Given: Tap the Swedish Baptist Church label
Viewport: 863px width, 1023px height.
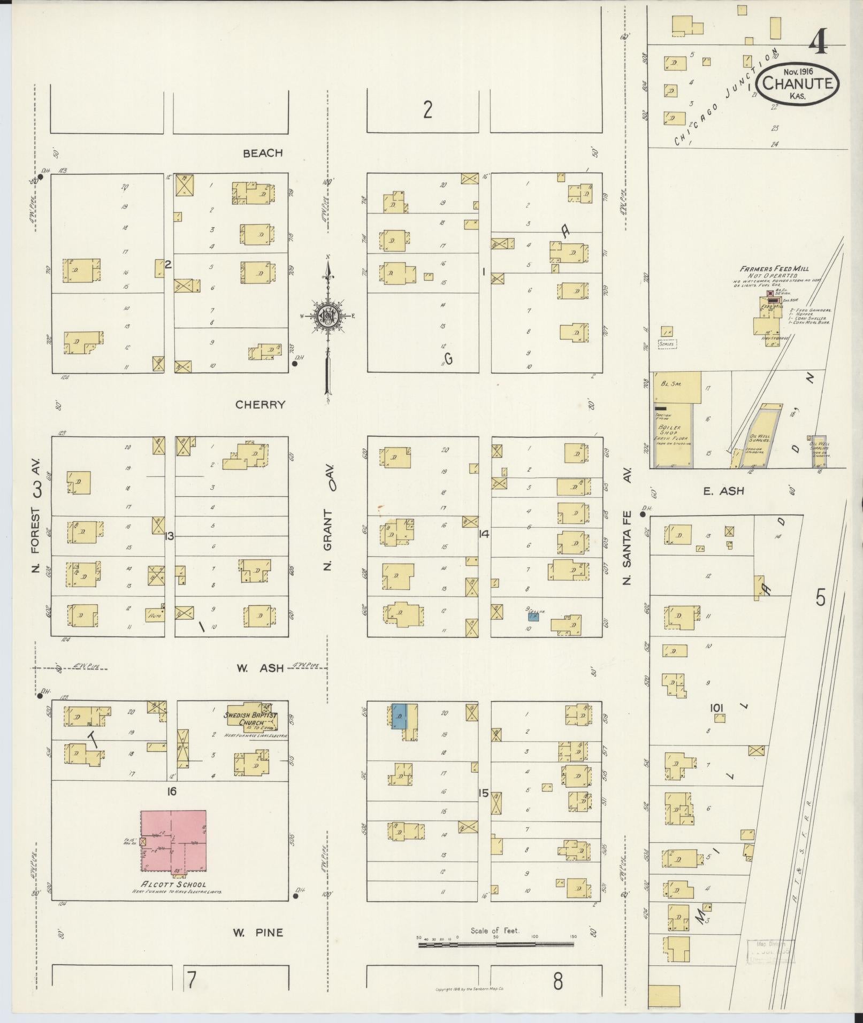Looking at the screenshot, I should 251,719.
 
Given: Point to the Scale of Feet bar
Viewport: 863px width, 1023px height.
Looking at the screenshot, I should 495,945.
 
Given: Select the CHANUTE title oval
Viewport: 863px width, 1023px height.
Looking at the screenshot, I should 798,84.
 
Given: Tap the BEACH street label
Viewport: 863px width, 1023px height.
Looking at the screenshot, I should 263,153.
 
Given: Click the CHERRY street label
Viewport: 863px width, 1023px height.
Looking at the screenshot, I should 261,405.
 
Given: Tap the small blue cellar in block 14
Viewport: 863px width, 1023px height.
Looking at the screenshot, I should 533,617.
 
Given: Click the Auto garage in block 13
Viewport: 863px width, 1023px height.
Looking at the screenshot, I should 155,616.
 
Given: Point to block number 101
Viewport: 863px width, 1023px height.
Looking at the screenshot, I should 717,709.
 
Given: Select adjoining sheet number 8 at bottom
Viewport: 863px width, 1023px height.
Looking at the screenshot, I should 558,981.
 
